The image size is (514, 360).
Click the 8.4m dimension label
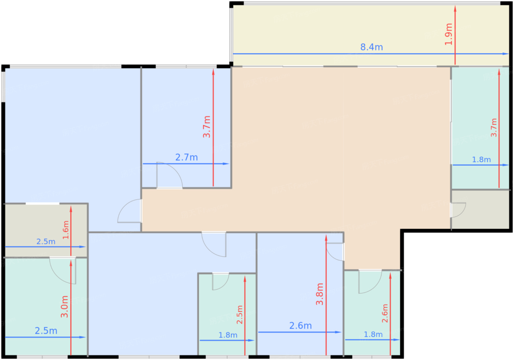point(372,47)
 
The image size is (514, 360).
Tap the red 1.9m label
point(449,34)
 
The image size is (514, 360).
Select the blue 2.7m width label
point(187,157)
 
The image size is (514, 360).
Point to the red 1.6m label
point(66,230)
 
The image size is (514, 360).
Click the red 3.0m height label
point(65,307)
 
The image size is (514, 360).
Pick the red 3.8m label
point(320,294)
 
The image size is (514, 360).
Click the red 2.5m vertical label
point(239,314)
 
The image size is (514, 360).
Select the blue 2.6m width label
point(301,326)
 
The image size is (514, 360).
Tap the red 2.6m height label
point(385,313)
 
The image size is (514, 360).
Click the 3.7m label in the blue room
point(206,127)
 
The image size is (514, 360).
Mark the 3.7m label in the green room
point(493,128)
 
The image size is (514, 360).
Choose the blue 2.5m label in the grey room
point(46,241)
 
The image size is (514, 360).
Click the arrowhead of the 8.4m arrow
point(506,54)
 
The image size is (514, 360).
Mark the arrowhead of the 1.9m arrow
point(455,8)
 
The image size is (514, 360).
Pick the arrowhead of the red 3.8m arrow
point(326,238)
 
